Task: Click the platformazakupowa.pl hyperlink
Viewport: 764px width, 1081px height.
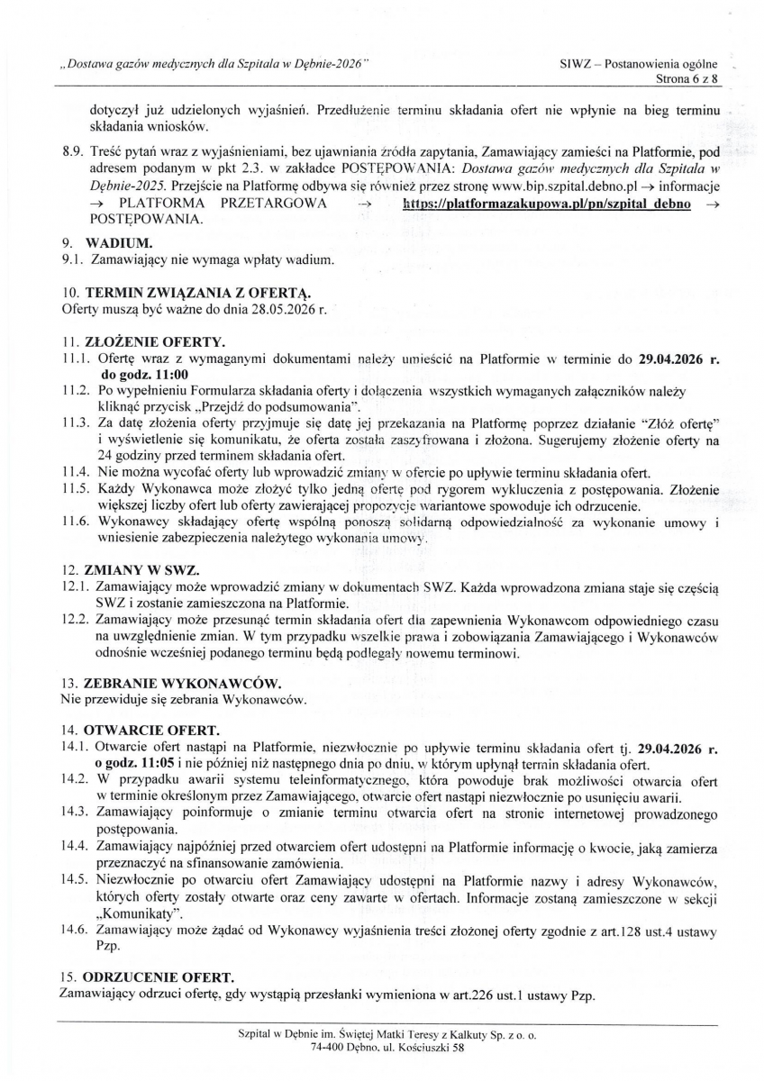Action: coord(547,204)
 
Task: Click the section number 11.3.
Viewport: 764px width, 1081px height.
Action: coord(74,422)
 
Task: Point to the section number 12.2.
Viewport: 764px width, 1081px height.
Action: coord(74,621)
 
